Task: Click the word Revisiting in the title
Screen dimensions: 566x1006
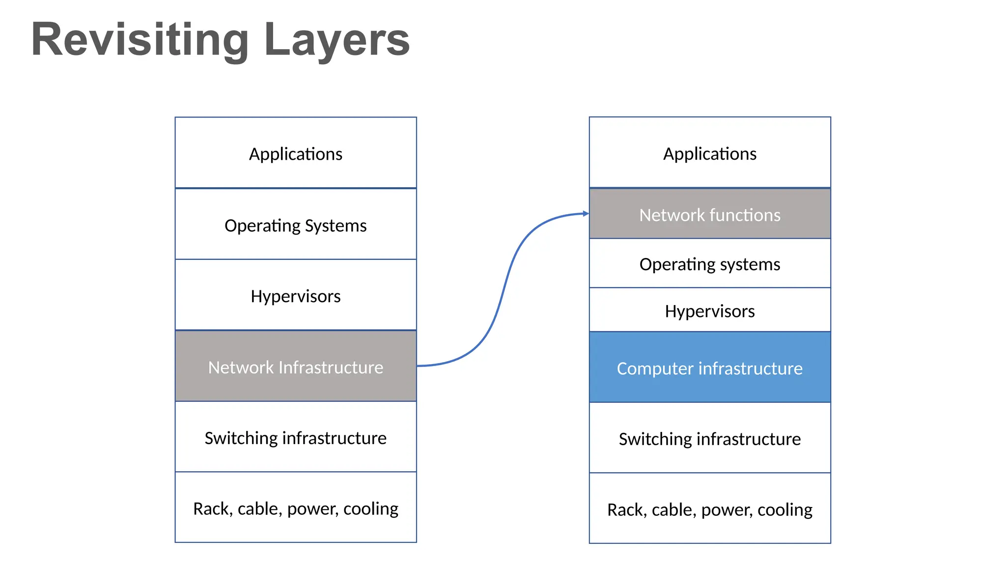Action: (140, 40)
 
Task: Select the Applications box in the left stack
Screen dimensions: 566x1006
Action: (296, 153)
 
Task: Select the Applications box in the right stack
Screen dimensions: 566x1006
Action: (710, 153)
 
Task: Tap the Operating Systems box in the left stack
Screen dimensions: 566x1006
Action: (296, 225)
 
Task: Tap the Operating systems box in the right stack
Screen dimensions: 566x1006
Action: (710, 264)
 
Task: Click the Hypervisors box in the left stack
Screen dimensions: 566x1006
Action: (296, 296)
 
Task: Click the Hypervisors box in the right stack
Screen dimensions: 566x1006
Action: (710, 311)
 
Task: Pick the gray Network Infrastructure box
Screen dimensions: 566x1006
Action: (296, 367)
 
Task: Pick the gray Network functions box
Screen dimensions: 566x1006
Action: (710, 215)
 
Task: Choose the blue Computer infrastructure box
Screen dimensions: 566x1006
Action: (710, 368)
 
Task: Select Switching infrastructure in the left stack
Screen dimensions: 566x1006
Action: (296, 437)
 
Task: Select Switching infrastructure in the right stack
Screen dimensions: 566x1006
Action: (710, 438)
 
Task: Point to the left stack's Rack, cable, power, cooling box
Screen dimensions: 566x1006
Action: (296, 508)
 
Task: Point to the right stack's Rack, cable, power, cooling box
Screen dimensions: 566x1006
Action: (710, 509)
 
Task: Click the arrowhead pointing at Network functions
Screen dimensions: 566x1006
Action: (586, 213)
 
